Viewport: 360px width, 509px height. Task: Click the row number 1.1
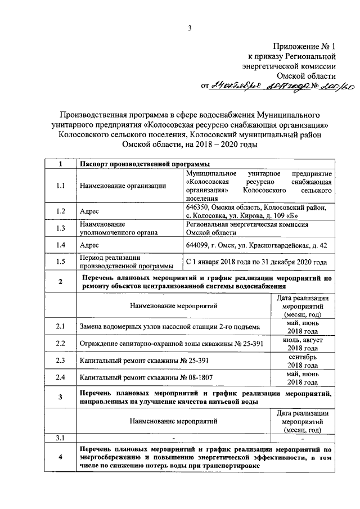coord(60,186)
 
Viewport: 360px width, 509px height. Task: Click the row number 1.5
coord(60,262)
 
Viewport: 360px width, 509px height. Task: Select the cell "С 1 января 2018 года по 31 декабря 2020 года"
coord(256,262)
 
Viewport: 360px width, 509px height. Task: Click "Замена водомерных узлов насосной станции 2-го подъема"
coord(170,327)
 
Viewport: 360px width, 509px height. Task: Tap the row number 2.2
coord(60,344)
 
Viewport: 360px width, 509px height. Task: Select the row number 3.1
coord(60,438)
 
